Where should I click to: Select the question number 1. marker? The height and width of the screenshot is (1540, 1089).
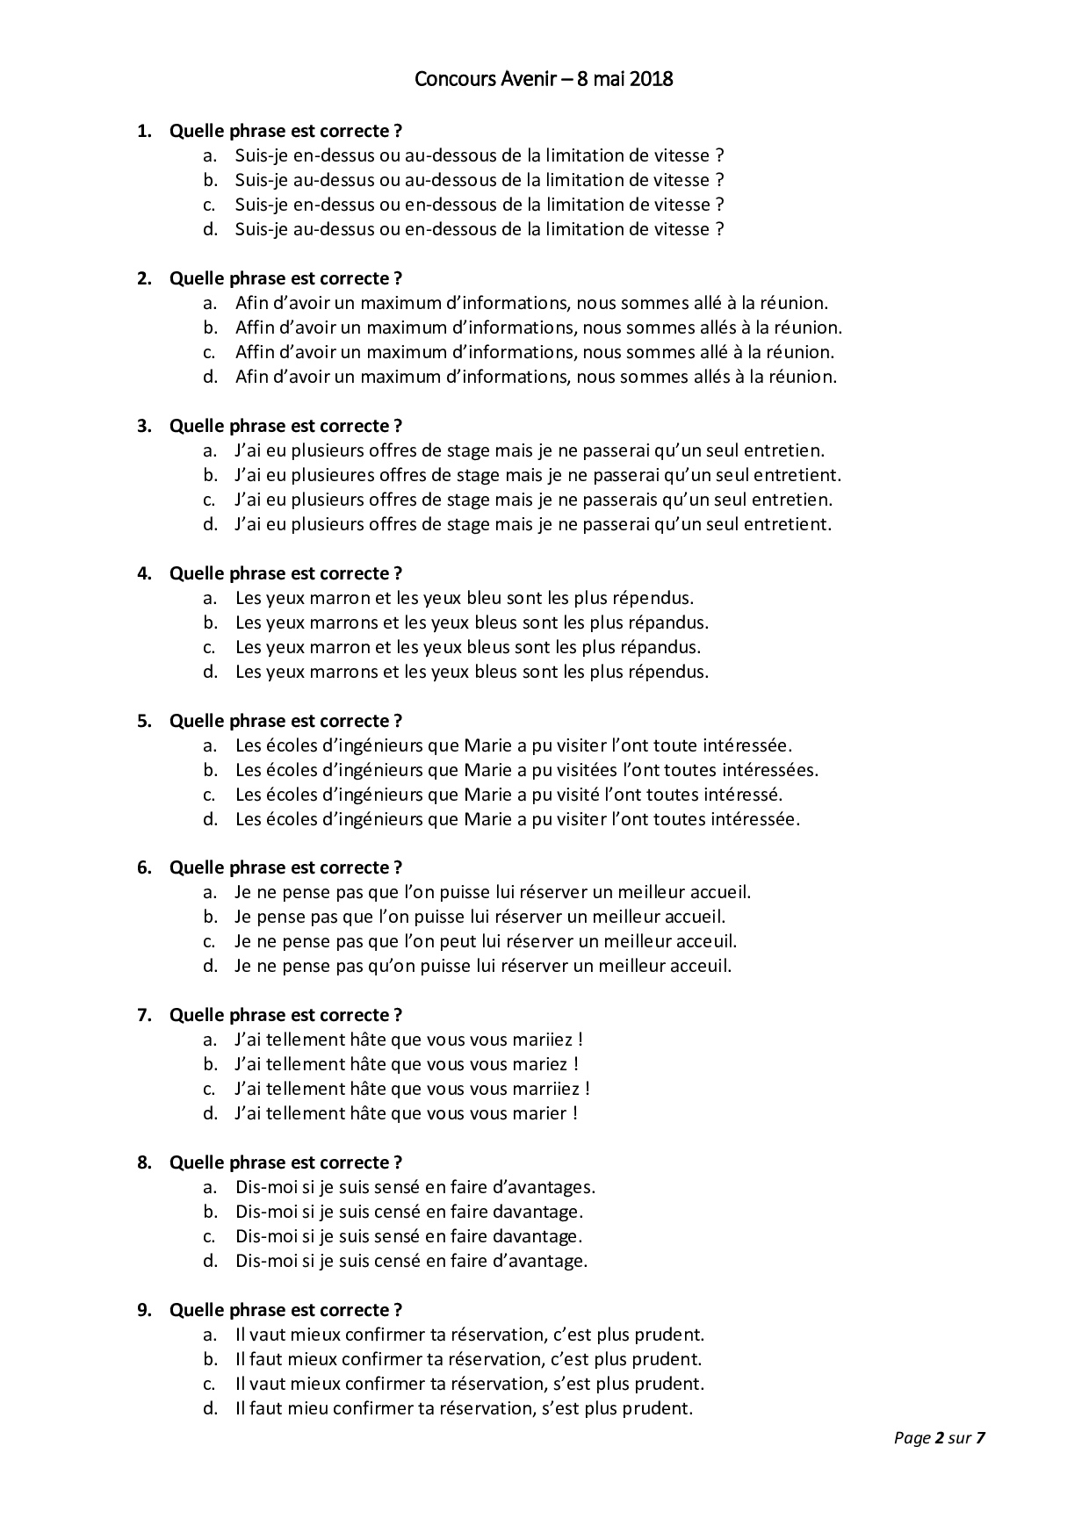coord(144,131)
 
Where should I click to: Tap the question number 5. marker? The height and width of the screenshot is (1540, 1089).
coord(144,721)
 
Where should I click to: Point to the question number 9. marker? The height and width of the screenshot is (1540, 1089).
coord(144,1310)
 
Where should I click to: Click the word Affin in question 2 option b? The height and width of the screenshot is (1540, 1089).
coord(256,327)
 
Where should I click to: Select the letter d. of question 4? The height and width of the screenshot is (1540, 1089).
coord(210,672)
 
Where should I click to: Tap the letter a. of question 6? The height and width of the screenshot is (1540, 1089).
coord(210,892)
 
